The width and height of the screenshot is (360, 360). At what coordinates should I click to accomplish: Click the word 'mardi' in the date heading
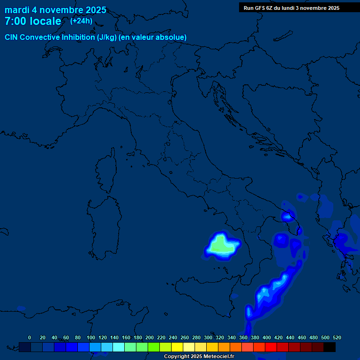(17, 10)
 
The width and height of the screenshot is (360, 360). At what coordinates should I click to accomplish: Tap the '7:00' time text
(15, 21)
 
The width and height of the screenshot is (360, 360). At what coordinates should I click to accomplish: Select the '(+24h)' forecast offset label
(81, 21)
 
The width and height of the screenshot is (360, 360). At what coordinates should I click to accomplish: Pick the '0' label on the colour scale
(30, 337)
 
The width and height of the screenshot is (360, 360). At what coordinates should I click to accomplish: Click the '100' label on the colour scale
(91, 337)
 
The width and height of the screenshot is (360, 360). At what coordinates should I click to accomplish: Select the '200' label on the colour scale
(150, 337)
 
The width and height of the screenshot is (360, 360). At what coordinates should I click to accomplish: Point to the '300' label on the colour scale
(208, 337)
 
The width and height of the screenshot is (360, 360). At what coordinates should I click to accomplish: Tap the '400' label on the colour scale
(267, 337)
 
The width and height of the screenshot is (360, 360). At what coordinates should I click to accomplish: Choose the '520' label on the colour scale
(337, 337)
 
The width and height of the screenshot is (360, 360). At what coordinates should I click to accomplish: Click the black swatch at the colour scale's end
(330, 347)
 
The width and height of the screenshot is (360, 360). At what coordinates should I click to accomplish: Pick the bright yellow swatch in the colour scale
(177, 347)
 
